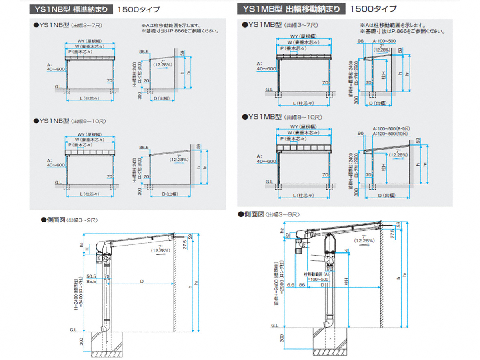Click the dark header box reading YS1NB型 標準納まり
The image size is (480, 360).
tap(69, 9)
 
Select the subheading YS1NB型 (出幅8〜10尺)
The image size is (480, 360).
tap(71, 121)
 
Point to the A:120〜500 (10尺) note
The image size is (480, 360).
tap(394, 133)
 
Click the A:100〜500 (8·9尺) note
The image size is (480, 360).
tap(394, 128)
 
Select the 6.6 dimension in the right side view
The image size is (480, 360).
tap(291, 285)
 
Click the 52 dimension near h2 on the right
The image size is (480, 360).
tap(288, 236)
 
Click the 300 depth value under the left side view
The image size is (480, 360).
tap(82, 341)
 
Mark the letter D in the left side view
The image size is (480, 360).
tap(142, 282)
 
